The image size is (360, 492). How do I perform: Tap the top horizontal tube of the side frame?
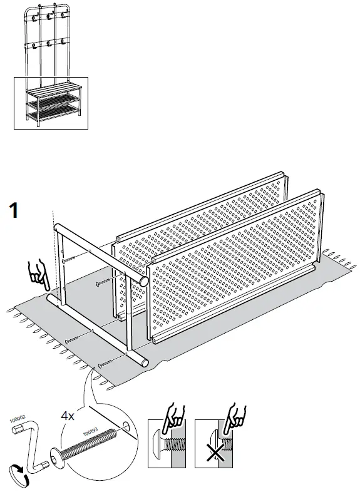coord(100,254)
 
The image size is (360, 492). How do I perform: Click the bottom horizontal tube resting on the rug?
coord(94,331)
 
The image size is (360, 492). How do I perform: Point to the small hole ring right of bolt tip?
coord(128,426)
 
